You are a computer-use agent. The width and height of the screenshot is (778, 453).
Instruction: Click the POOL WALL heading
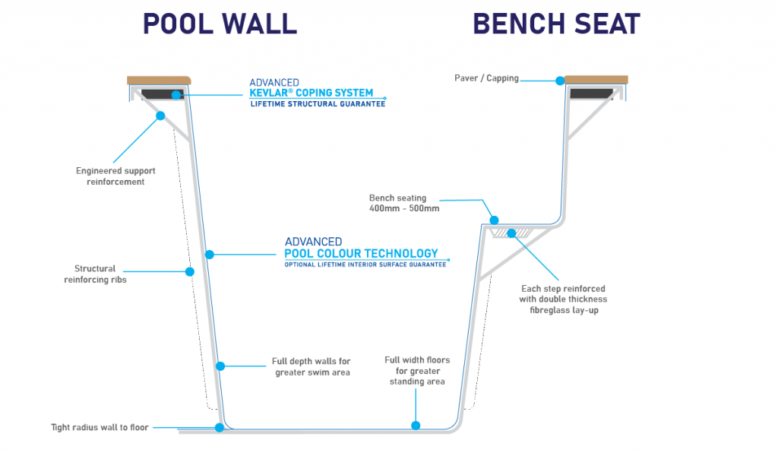(x=220, y=24)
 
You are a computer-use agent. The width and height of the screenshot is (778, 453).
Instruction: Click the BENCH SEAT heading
(x=556, y=24)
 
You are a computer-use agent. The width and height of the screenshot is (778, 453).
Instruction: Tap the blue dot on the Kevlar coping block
(x=176, y=95)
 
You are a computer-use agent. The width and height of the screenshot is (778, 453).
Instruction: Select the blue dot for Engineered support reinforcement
(x=160, y=116)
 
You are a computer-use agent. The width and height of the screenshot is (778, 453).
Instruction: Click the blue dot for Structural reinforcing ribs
(x=189, y=271)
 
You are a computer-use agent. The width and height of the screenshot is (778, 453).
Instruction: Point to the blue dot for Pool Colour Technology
(x=210, y=255)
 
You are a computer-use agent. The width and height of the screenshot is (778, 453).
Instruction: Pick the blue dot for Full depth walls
(x=220, y=366)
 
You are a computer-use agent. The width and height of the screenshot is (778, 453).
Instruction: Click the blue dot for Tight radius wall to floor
(x=220, y=427)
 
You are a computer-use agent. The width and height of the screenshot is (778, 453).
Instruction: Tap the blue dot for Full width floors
(x=416, y=425)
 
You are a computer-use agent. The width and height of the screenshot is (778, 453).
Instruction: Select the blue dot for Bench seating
(x=494, y=220)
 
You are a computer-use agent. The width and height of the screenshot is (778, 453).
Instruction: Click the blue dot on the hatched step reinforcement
(x=511, y=233)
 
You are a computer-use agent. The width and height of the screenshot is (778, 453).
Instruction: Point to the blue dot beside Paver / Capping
(x=560, y=81)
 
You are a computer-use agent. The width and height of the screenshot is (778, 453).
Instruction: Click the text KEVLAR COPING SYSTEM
(x=311, y=93)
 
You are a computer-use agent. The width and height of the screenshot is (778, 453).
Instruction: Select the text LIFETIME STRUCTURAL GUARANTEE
(x=318, y=103)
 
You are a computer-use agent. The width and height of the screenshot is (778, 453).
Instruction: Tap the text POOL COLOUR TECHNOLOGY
(x=361, y=254)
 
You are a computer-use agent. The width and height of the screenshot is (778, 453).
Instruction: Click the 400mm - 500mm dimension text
(x=404, y=208)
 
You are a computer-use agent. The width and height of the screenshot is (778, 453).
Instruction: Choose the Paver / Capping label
(x=486, y=78)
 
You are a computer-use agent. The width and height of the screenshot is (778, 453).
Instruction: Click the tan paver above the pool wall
(x=159, y=81)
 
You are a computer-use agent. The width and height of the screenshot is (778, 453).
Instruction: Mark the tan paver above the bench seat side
(x=596, y=80)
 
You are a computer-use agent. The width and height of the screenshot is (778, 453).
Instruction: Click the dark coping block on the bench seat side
(x=591, y=93)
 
